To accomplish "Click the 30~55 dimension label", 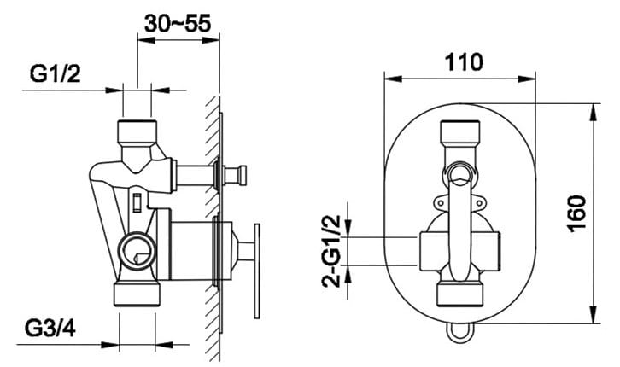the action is point(178,23).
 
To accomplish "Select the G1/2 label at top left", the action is point(55,73).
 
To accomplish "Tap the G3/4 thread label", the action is point(50,328).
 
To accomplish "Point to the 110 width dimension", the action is point(464,62).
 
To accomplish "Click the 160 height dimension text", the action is point(577,213).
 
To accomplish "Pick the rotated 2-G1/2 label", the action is point(331,251).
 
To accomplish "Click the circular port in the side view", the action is point(137,251).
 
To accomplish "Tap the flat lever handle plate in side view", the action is point(257,271).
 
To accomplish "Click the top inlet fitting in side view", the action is point(137,132).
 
